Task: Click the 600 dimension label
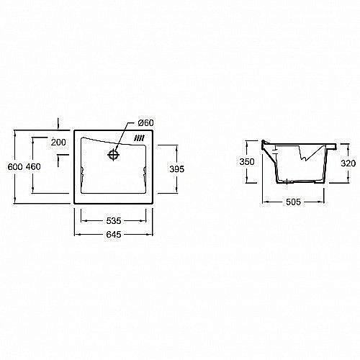[x=15, y=167]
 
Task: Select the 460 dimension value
[x=33, y=167]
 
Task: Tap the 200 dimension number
[x=59, y=143]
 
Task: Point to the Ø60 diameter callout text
[x=145, y=123]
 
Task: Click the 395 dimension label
[x=177, y=169]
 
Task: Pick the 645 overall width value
[x=114, y=235]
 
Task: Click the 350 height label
[x=247, y=162]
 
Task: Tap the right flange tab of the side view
[x=332, y=147]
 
